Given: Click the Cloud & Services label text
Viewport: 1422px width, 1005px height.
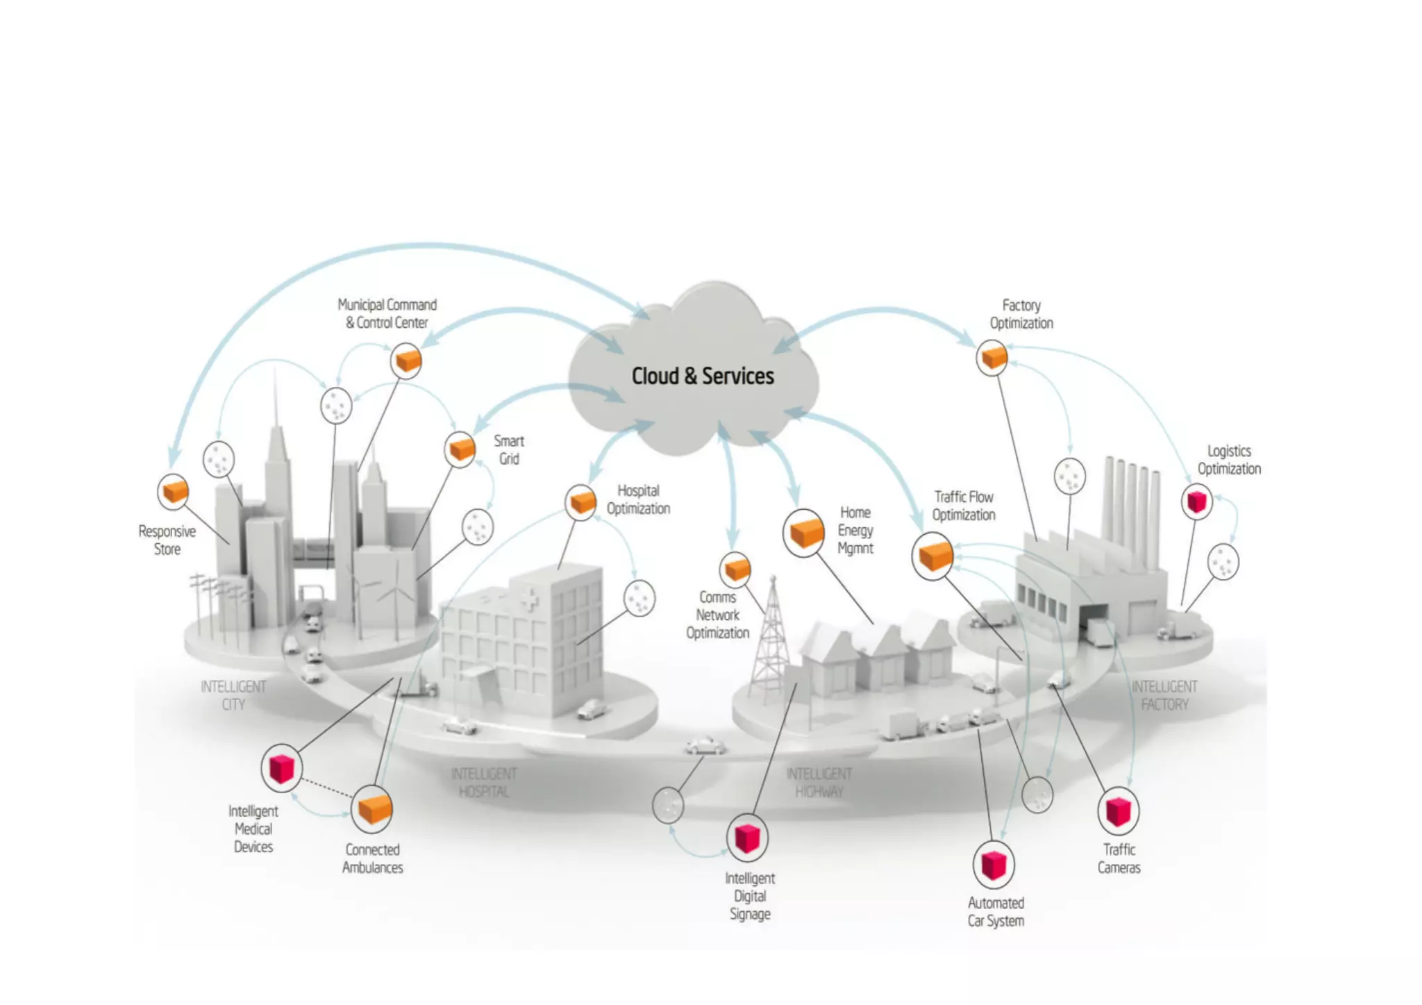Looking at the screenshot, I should coord(702,376).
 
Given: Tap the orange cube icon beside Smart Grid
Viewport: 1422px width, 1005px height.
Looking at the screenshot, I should coord(460,449).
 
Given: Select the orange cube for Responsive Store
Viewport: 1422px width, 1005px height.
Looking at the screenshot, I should coord(174,492).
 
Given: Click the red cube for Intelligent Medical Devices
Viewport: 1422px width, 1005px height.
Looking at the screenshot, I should coord(281,768).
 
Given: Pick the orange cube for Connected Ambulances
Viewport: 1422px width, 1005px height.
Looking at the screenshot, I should coord(373,808).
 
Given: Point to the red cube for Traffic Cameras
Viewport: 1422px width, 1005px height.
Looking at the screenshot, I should coord(1118,811).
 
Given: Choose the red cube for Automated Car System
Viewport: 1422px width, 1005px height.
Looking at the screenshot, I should coord(994,865).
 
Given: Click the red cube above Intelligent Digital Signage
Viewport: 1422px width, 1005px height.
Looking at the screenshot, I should coord(747,838).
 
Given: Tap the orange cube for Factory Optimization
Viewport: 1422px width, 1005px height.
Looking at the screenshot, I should coord(993,358).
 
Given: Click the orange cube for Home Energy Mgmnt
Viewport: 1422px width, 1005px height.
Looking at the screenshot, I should coord(805,533).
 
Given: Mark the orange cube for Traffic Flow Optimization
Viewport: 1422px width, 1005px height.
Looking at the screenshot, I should coord(933,556).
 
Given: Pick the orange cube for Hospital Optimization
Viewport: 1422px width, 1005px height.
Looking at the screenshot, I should coord(582,501).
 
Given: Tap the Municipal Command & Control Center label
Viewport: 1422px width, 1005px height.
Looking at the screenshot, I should coord(387,314).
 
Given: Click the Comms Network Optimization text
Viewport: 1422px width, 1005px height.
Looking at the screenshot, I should coord(718,615).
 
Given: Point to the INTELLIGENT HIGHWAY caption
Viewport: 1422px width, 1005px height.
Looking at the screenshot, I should coord(819,783).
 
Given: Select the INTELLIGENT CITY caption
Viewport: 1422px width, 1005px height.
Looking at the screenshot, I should coord(233,695).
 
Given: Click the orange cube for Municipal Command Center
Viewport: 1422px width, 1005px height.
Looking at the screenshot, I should coord(406,360).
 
